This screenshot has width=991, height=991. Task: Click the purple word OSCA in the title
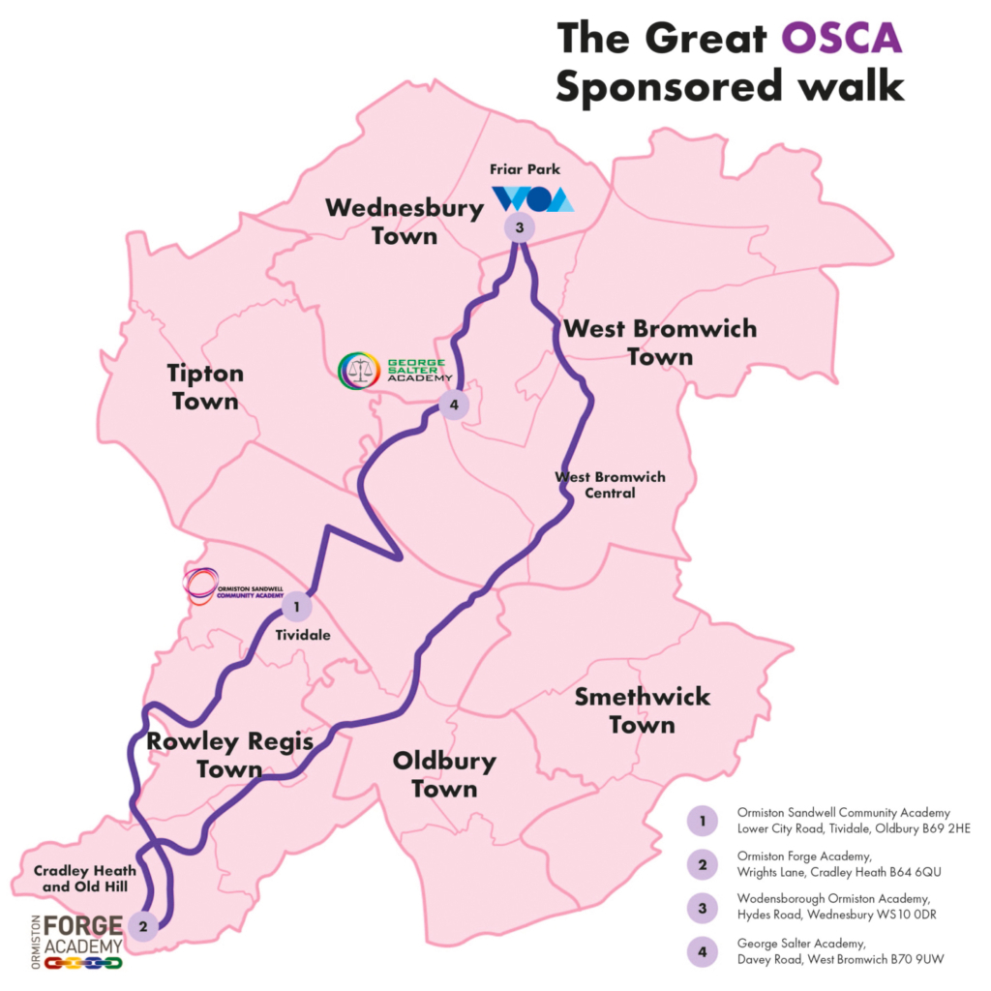click(841, 39)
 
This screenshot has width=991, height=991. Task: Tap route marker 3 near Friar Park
click(519, 228)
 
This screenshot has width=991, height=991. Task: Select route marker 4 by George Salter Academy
click(453, 404)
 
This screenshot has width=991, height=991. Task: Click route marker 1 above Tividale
click(295, 608)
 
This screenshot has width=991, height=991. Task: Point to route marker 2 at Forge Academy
click(143, 925)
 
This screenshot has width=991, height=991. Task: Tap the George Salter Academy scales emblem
click(359, 371)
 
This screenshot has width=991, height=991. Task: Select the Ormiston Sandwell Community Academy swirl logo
click(201, 586)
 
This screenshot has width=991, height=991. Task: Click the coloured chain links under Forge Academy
click(83, 963)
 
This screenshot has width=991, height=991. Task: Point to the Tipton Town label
click(205, 387)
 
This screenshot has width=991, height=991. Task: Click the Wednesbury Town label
click(405, 222)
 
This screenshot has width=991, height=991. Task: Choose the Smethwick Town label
click(643, 710)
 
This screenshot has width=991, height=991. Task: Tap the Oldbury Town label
click(444, 774)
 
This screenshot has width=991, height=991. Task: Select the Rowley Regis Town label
click(229, 756)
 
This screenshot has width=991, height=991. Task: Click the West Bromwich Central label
click(610, 485)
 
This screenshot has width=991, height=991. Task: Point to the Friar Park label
click(525, 169)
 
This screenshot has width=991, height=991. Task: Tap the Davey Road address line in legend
click(840, 959)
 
